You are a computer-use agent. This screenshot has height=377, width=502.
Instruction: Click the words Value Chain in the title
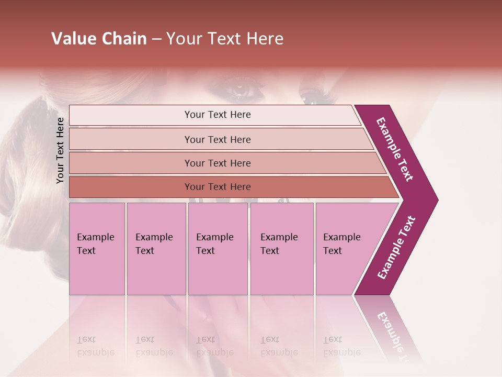tap(99, 39)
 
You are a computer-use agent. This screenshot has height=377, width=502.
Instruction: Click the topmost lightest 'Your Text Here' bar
tap(218, 115)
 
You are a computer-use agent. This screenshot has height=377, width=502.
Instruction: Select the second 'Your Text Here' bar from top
tap(218, 139)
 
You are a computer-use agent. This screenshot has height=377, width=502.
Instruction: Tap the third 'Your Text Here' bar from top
tap(218, 163)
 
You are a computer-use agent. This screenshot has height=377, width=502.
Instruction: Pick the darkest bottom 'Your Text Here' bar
tap(218, 187)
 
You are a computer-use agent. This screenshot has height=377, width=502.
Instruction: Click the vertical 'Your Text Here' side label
tap(60, 150)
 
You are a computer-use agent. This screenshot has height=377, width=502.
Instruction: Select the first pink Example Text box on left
tap(97, 248)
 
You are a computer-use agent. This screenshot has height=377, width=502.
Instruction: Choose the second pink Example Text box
tap(156, 248)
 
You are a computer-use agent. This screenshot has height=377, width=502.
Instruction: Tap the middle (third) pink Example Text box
tap(217, 248)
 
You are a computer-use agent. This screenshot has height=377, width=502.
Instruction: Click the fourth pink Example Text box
tap(281, 248)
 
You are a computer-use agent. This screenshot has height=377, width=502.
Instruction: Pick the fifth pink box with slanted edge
tap(345, 248)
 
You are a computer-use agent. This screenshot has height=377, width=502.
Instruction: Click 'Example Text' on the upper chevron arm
tap(395, 149)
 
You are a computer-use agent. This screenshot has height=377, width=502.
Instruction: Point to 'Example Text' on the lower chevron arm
tap(396, 248)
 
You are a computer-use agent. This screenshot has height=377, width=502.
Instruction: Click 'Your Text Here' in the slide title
tap(225, 39)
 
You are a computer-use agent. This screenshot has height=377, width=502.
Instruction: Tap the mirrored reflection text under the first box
tap(96, 346)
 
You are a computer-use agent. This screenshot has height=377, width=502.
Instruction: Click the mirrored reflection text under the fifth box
tap(342, 346)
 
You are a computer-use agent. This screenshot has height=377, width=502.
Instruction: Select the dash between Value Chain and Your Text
tap(156, 39)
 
